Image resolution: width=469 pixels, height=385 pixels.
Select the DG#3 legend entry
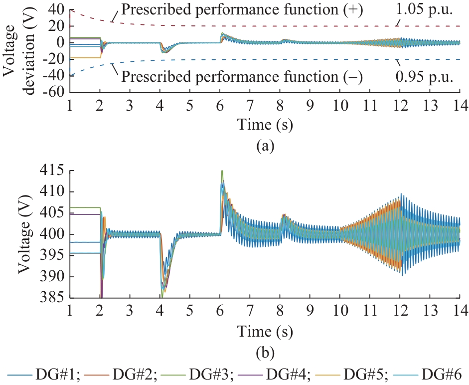point(205,374)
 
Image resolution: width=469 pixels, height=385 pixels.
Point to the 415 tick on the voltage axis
point(54,171)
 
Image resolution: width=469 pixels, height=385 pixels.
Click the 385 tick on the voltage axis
point(54,298)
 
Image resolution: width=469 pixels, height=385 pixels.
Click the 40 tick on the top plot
point(56,9)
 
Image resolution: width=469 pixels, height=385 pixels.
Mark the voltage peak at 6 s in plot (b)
point(222,172)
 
